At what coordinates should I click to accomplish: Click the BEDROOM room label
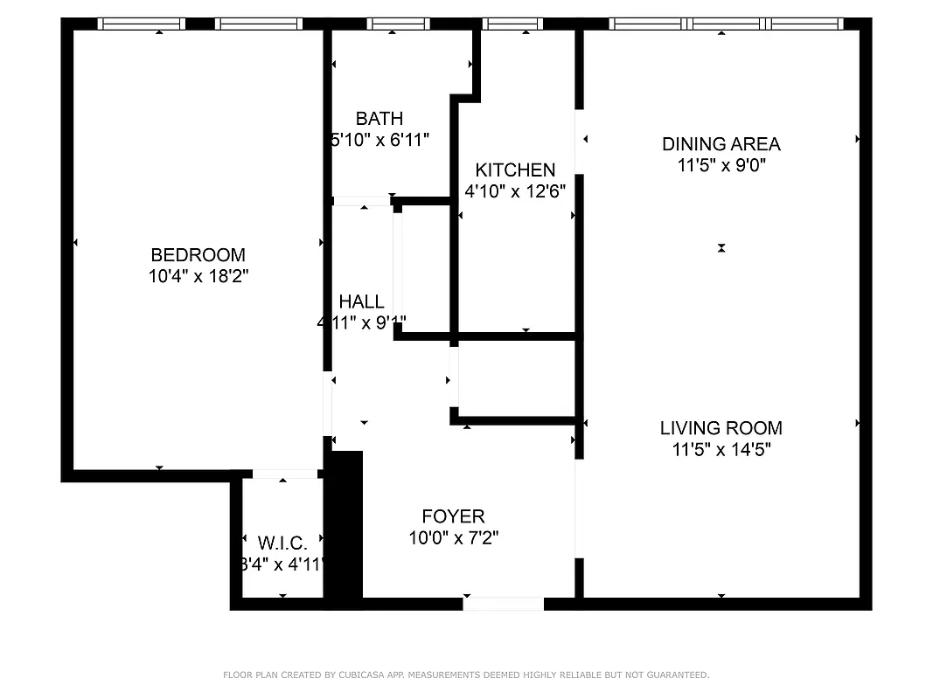[198, 255]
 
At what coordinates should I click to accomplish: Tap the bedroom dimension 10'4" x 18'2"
[198, 276]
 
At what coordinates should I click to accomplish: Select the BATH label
[379, 119]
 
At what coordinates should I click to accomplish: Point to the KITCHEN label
[515, 170]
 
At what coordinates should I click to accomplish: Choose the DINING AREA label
[721, 144]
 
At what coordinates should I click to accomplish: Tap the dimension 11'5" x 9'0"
[721, 165]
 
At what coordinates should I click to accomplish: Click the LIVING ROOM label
[721, 428]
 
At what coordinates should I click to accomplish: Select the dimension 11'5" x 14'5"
[721, 450]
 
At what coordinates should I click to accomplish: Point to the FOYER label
[453, 516]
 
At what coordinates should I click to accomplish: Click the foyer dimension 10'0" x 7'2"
[453, 538]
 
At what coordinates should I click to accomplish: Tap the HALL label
[361, 301]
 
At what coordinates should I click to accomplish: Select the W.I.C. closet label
[282, 543]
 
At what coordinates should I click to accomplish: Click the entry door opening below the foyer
[503, 604]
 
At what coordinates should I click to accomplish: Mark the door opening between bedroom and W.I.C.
[284, 474]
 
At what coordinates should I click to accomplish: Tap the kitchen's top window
[512, 24]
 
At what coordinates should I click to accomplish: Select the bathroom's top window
[398, 24]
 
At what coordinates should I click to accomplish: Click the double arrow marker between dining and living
[721, 248]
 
